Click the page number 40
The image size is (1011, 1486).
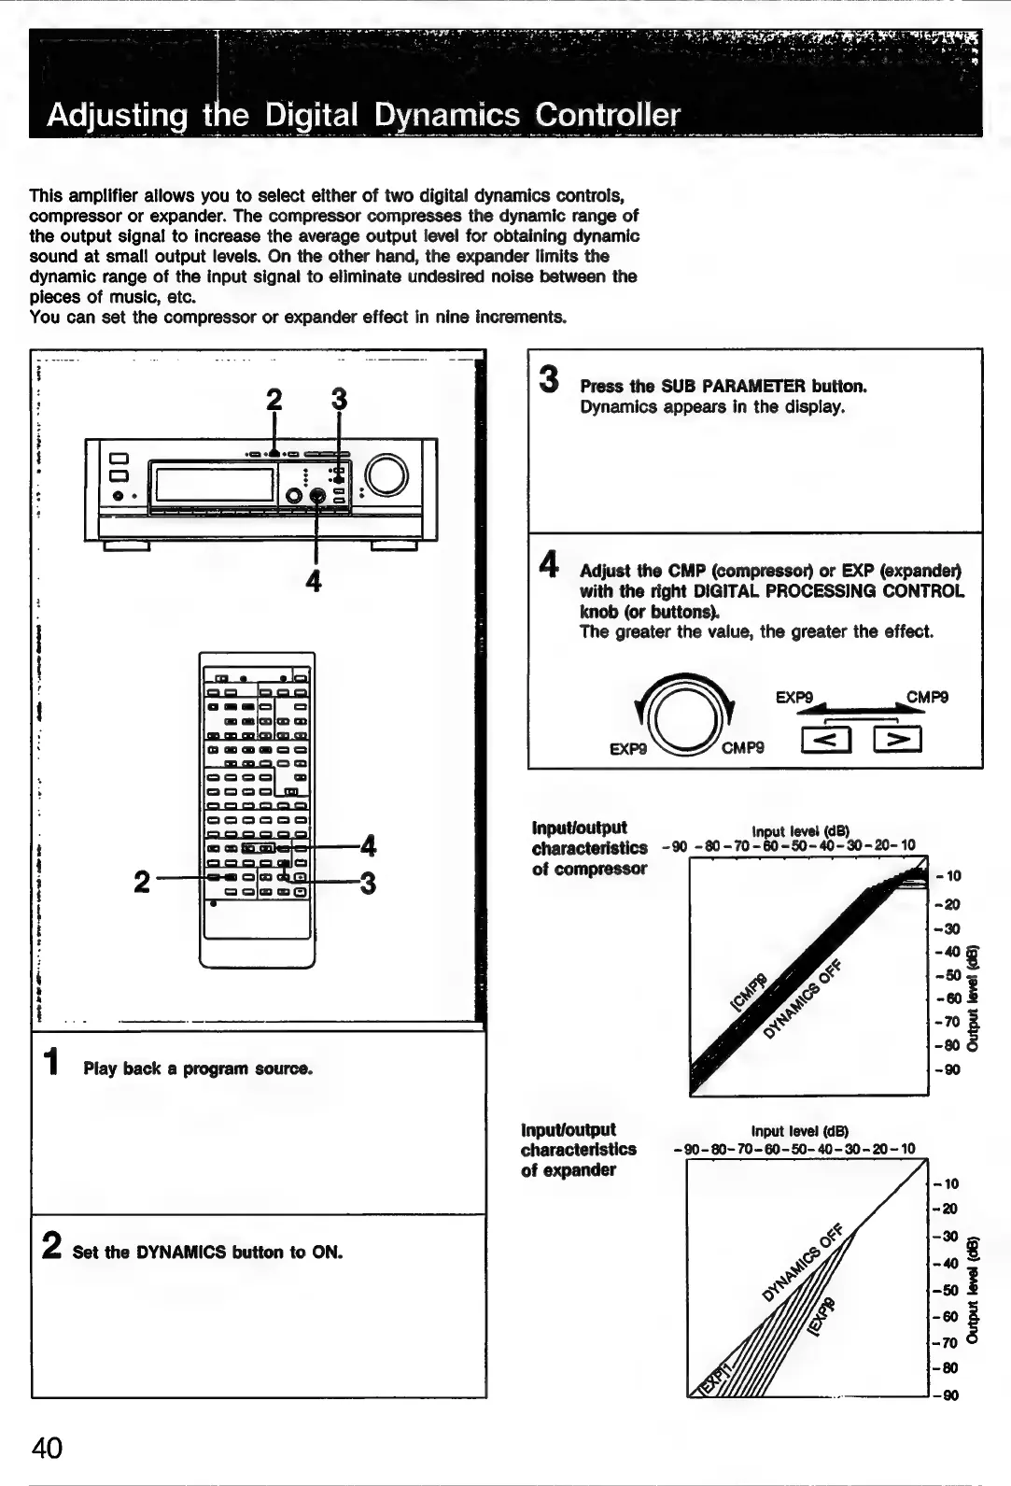[47, 1447]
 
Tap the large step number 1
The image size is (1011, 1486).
[54, 1062]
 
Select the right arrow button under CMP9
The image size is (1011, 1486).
[898, 739]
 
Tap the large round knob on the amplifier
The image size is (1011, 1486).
[387, 476]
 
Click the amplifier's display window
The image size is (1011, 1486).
[214, 485]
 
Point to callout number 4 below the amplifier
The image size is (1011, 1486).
[314, 581]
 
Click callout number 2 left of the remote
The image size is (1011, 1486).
[141, 881]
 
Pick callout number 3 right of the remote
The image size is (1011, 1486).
[369, 883]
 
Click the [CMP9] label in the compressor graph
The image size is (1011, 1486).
[748, 992]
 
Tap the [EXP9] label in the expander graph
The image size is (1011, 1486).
[822, 1315]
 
